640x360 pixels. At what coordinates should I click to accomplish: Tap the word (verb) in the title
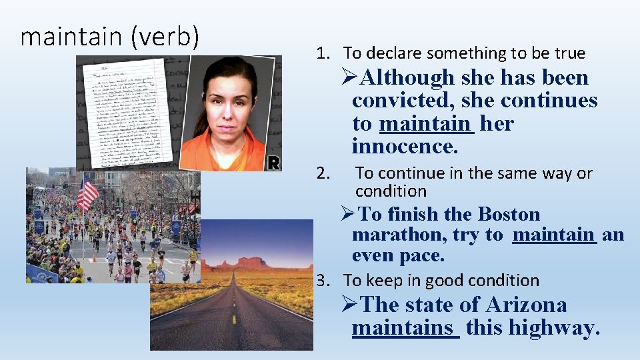164,37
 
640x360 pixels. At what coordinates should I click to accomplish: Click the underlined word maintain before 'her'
426,123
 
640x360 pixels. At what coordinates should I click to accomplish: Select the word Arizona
527,305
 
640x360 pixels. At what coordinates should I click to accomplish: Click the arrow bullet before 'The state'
351,305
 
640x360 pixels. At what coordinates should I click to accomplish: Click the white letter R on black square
274,162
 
